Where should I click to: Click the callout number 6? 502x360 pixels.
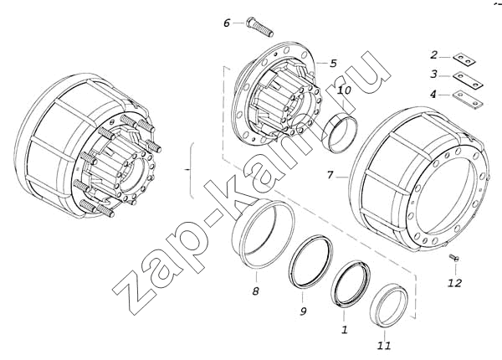coord(227,23)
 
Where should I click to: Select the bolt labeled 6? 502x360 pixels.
coord(259,27)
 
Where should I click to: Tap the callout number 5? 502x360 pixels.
coord(333,64)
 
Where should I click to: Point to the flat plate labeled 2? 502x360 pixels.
coord(464,59)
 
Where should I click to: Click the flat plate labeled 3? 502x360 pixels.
coord(468,80)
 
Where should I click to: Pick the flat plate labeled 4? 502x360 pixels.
coord(468,100)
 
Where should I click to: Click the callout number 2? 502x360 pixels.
coord(433,55)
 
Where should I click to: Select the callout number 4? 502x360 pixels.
coord(433,95)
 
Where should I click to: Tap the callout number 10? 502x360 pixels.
coord(344,90)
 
